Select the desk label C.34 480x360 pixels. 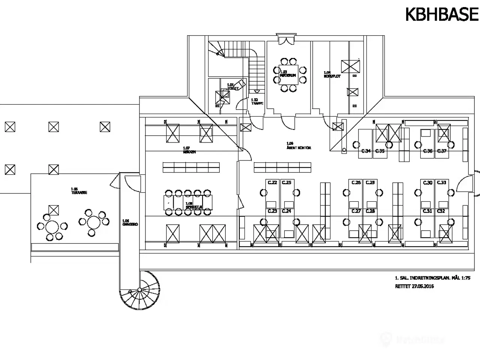[366, 151]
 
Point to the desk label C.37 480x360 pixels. [442, 151]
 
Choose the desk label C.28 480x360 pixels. [370, 211]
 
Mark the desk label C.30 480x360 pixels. [428, 183]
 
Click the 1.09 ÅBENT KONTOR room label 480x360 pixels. [298, 146]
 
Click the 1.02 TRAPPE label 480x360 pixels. [255, 101]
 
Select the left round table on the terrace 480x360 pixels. [52, 226]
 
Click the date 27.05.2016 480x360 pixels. [423, 286]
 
